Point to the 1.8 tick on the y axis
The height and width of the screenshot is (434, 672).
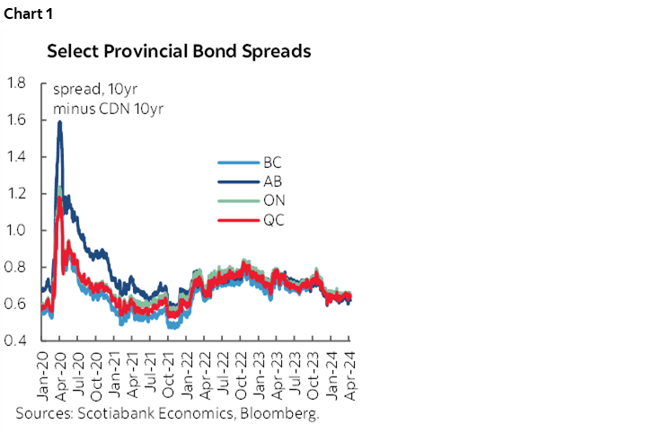16,84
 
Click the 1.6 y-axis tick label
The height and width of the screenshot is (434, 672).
16,120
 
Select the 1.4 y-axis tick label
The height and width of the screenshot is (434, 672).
16,157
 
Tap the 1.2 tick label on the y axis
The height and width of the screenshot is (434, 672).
16,194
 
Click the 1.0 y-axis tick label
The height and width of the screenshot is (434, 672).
16,231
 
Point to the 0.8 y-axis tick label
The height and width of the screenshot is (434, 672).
16,268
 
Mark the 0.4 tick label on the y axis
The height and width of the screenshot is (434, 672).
16,341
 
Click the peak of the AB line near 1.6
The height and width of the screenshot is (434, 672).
59,123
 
